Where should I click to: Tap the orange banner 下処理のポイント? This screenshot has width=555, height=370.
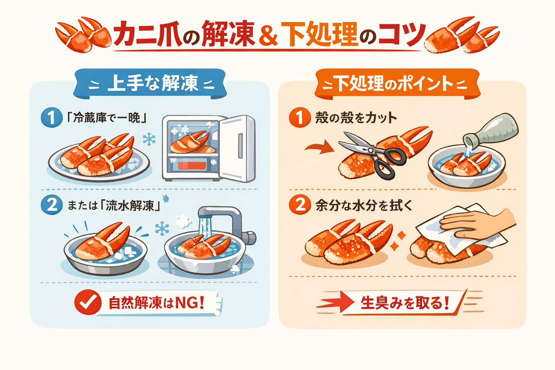tap(397, 84)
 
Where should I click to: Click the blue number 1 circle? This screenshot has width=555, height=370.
tap(51, 117)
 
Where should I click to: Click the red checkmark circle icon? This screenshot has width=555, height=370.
tap(88, 302)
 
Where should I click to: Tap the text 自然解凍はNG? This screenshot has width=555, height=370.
tap(156, 303)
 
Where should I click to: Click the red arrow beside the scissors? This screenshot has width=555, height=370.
tap(320, 148)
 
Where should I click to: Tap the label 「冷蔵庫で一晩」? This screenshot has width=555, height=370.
tap(107, 118)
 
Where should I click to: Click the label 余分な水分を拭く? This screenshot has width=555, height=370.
tap(364, 206)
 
